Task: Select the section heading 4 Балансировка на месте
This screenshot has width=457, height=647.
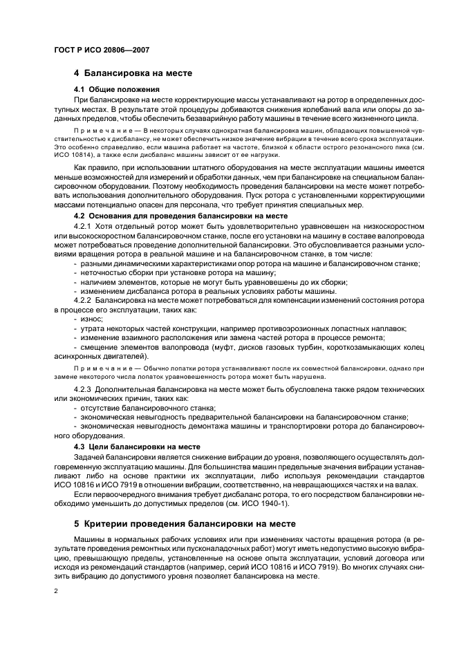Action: click(133, 74)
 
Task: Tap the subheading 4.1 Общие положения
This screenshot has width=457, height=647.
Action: click(116, 89)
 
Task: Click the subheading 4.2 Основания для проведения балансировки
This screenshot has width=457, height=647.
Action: click(179, 216)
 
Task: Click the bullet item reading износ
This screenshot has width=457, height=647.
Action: click(91, 319)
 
